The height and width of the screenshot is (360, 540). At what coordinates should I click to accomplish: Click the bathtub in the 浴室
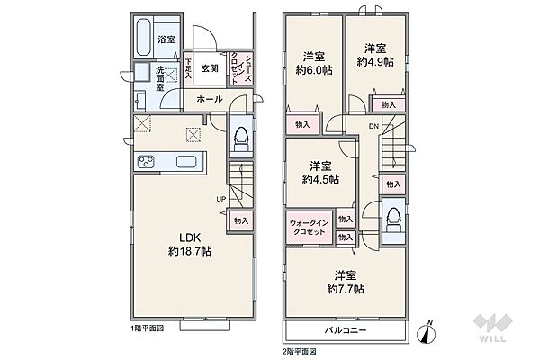pyautogui.click(x=144, y=38)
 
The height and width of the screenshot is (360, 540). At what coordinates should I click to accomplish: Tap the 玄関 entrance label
pyautogui.click(x=210, y=68)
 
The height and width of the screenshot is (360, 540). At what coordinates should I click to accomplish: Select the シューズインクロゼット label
pyautogui.click(x=241, y=68)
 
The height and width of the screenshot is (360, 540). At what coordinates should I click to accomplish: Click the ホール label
pyautogui.click(x=210, y=100)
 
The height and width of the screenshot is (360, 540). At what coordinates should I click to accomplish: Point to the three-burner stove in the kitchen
pyautogui.click(x=146, y=162)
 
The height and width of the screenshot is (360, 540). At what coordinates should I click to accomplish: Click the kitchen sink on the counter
pyautogui.click(x=186, y=162)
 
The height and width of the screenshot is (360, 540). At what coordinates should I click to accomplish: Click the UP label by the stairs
pyautogui.click(x=221, y=199)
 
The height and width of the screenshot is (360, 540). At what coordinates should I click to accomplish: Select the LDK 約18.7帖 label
pyautogui.click(x=190, y=244)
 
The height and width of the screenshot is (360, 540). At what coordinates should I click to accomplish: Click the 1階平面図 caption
pyautogui.click(x=147, y=328)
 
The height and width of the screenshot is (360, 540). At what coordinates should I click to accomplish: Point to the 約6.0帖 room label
pyautogui.click(x=314, y=64)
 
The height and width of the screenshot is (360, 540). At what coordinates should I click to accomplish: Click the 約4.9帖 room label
pyautogui.click(x=375, y=55)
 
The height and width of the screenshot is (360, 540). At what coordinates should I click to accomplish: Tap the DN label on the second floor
pyautogui.click(x=373, y=126)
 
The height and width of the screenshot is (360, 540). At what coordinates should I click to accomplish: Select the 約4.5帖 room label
pyautogui.click(x=320, y=173)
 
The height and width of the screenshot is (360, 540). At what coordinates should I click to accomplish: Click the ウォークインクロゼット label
pyautogui.click(x=310, y=228)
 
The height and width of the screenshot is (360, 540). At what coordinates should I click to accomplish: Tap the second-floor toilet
pyautogui.click(x=393, y=220)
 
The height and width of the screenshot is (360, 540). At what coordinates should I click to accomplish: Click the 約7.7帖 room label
pyautogui.click(x=346, y=282)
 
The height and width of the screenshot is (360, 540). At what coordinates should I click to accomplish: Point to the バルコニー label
pyautogui.click(x=346, y=330)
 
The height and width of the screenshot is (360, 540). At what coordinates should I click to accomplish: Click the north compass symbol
pyautogui.click(x=427, y=333)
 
